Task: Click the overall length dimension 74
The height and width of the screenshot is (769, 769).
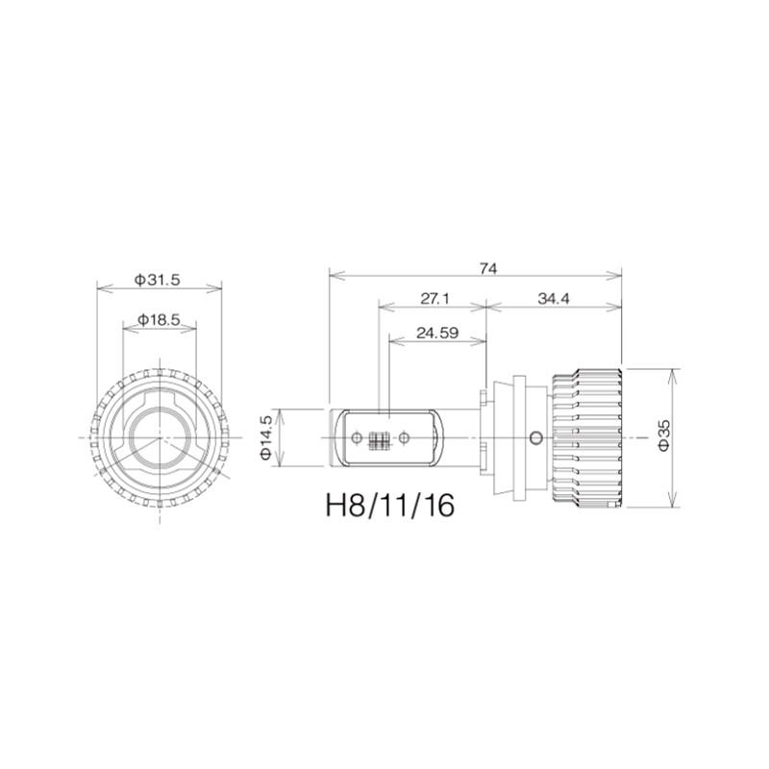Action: (x=488, y=268)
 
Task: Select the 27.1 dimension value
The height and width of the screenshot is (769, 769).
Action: (x=434, y=298)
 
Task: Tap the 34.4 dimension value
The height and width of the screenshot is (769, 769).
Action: (x=554, y=298)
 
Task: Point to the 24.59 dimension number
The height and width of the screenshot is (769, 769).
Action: (x=437, y=333)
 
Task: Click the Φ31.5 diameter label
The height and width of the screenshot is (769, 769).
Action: (x=158, y=280)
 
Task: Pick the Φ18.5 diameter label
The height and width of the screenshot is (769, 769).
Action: (x=159, y=320)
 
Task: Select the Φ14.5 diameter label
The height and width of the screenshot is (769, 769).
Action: (x=266, y=437)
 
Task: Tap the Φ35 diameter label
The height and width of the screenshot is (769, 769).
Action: (x=663, y=437)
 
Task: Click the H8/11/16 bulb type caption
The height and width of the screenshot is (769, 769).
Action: (x=390, y=506)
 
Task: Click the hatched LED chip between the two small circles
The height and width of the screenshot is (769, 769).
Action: (x=380, y=439)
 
